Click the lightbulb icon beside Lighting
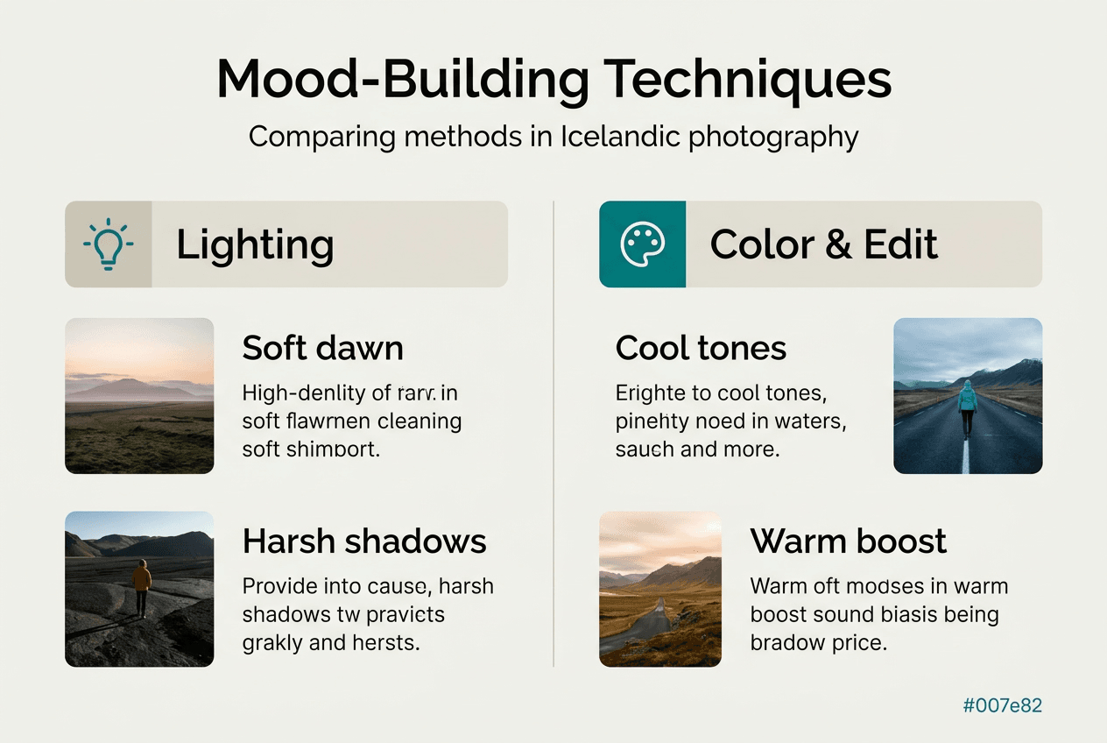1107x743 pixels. click(108, 244)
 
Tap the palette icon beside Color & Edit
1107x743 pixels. click(642, 244)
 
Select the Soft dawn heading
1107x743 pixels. click(322, 348)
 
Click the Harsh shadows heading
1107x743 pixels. click(363, 541)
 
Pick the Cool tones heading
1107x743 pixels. click(701, 348)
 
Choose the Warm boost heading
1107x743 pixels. click(848, 541)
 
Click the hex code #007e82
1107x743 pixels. click(1002, 705)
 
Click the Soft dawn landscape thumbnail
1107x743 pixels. click(139, 395)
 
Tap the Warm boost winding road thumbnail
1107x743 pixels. click(659, 589)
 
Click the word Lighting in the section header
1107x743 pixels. click(255, 244)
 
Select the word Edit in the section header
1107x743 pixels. click(901, 244)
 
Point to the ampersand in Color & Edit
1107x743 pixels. click(838, 244)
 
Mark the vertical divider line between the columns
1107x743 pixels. click(553, 438)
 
